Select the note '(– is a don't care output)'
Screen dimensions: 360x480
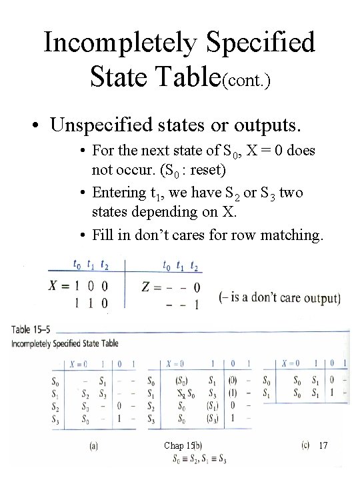pyautogui.click(x=279, y=297)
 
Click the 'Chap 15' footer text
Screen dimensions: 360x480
pyautogui.click(x=178, y=445)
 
